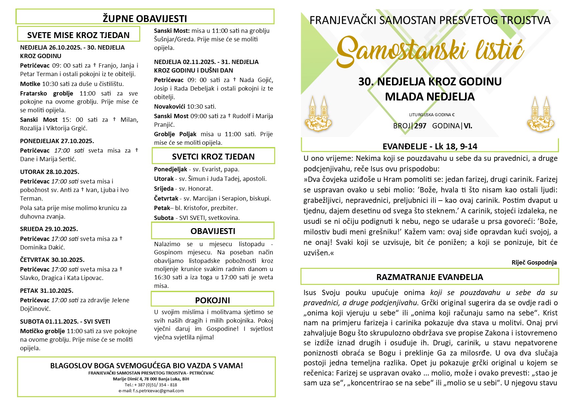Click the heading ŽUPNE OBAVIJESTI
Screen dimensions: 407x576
[x=145, y=18]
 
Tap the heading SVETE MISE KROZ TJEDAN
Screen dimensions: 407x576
[x=78, y=35]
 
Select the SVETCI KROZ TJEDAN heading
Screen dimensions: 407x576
[x=213, y=157]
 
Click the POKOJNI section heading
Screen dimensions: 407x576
[x=212, y=300]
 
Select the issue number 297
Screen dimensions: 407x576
[x=420, y=126]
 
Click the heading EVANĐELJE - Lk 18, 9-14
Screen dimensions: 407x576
[x=430, y=146]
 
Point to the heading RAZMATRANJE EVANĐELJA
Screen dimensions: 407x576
[x=430, y=277]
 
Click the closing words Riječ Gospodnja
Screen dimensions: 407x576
[x=534, y=262]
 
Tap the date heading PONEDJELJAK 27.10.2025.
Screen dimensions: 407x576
[x=57, y=141]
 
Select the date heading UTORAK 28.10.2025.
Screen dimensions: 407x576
[x=50, y=172]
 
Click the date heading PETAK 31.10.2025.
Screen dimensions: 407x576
[x=47, y=291]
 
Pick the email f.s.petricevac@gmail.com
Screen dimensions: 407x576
[x=151, y=391]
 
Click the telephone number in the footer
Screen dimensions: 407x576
[x=151, y=385]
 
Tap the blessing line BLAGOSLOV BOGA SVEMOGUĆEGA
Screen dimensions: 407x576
[x=146, y=366]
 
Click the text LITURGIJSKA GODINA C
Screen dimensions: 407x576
[x=432, y=115]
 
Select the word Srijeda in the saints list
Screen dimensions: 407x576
[x=164, y=189]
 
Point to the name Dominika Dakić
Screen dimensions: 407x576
[x=43, y=247]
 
